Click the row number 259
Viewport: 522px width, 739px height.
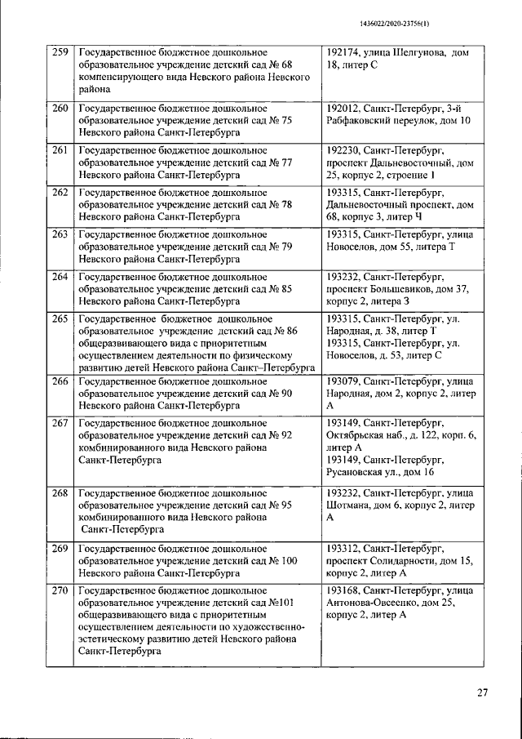pyautogui.click(x=60, y=53)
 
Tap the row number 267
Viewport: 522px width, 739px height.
pyautogui.click(x=60, y=423)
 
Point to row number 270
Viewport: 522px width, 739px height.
pyautogui.click(x=60, y=590)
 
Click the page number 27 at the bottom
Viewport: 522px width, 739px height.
pyautogui.click(x=482, y=693)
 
